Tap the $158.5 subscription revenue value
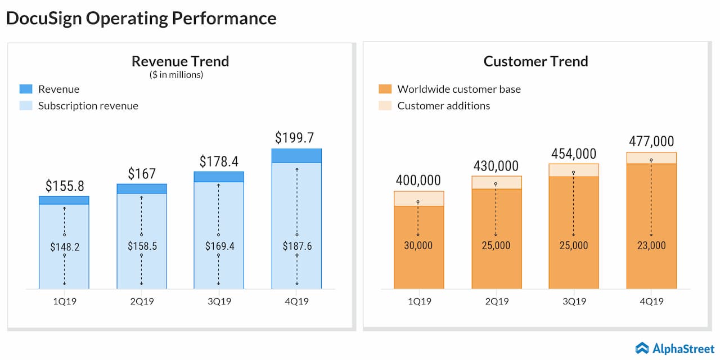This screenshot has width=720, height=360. (x=141, y=246)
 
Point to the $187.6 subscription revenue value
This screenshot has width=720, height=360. (x=296, y=246)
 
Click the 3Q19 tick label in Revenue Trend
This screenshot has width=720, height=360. (x=219, y=301)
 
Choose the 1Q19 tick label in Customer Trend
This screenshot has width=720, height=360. (x=418, y=301)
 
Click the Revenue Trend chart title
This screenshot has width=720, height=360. (x=180, y=61)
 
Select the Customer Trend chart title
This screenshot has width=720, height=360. (x=535, y=61)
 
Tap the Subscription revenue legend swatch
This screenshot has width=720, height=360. (x=26, y=106)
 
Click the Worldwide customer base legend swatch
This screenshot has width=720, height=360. (x=385, y=89)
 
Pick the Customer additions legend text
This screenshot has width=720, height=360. (x=443, y=106)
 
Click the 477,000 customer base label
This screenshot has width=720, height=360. (x=651, y=141)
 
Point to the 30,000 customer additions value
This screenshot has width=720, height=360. (x=418, y=246)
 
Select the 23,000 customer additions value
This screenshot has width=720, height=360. (x=651, y=246)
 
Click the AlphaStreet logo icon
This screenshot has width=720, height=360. (x=642, y=349)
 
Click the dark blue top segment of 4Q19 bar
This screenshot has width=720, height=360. (x=296, y=155)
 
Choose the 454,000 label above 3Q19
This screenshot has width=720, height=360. (x=573, y=154)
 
